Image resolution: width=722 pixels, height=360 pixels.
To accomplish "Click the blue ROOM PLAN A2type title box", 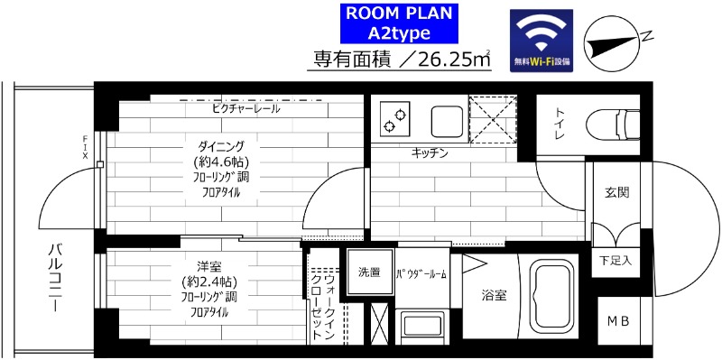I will pyautogui.click(x=398, y=24).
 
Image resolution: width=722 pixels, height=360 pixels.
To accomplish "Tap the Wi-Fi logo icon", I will pyautogui.click(x=541, y=41).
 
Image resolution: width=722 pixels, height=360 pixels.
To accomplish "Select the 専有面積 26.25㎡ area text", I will pyautogui.click(x=402, y=60).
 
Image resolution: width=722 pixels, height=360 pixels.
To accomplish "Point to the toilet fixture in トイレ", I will pyautogui.click(x=613, y=121).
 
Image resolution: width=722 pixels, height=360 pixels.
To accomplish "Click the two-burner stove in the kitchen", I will pyautogui.click(x=393, y=119).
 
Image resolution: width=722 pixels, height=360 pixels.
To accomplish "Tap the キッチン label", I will pyautogui.click(x=430, y=153).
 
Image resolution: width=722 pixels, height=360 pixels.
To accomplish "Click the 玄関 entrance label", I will pyautogui.click(x=616, y=192).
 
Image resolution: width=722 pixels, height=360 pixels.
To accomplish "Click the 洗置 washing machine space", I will pyautogui.click(x=369, y=272).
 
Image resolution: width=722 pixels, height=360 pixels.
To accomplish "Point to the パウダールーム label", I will pyautogui.click(x=422, y=274).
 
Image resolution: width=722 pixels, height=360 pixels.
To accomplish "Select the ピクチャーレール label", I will pyautogui.click(x=246, y=108).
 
